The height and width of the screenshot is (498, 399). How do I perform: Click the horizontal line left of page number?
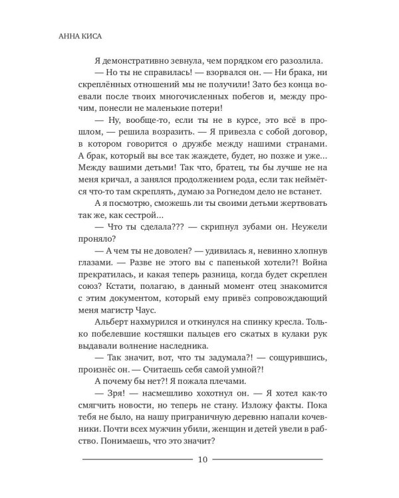[x=136, y=459]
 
